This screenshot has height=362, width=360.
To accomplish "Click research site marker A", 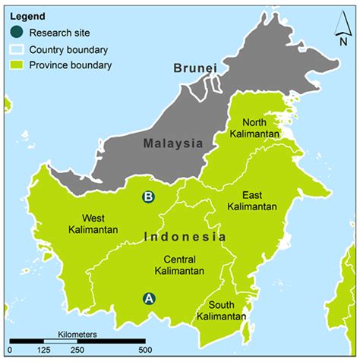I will click(149, 298).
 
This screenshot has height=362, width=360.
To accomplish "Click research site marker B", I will click(149, 197).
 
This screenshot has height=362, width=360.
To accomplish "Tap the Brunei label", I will click(194, 68).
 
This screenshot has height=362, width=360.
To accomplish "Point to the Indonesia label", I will click(185, 237).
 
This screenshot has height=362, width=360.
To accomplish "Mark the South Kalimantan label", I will click(221, 310).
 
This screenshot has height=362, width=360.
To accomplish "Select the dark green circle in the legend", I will click(17, 32).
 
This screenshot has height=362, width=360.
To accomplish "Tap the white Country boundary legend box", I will click(17, 49).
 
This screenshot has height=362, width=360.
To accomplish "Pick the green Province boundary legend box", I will click(17, 65).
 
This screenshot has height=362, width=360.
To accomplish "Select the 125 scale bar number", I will click(44, 351).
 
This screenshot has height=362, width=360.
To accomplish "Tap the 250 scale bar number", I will click(77, 351).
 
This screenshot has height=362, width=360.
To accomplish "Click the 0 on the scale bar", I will click(10, 351).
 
